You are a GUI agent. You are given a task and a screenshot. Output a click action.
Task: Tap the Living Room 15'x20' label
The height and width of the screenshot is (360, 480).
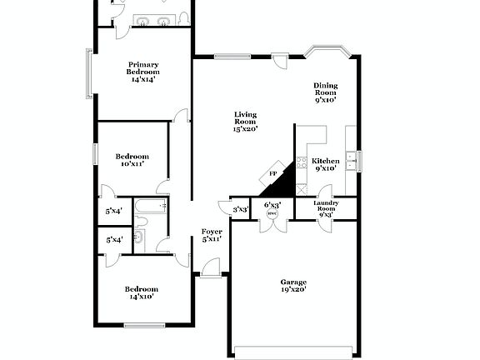coord(245,122)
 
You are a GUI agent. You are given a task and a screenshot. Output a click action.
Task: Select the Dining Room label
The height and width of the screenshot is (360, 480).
coord(325,92)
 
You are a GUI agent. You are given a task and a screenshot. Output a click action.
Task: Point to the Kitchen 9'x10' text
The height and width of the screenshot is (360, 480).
coord(325,164)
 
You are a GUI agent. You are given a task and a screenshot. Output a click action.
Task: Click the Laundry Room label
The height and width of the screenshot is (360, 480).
coord(326,208)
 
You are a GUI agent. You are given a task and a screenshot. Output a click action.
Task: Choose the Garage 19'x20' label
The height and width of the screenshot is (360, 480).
coord(293,286)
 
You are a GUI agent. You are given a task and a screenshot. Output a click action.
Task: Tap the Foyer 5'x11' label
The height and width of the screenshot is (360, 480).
coord(212,235)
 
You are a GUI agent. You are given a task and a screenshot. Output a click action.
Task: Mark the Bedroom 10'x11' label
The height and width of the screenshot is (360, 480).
coord(132,160)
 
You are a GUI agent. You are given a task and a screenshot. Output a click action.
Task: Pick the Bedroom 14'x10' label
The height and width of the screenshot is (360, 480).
coord(141,292)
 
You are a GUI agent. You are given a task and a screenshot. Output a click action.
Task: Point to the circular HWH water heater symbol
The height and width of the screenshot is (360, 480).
coord(272,213)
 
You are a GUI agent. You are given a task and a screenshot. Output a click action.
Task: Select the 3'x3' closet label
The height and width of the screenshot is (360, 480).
coord(241,209)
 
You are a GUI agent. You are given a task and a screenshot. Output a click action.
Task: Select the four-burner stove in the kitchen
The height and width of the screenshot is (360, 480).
coord(302,162)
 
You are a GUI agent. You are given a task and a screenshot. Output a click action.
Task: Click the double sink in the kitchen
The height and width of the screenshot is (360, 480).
coord(351,160)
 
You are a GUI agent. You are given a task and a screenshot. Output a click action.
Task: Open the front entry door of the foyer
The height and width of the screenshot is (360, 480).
coord(210,267)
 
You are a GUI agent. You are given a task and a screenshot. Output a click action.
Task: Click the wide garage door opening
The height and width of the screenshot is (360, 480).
coord(293,351)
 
